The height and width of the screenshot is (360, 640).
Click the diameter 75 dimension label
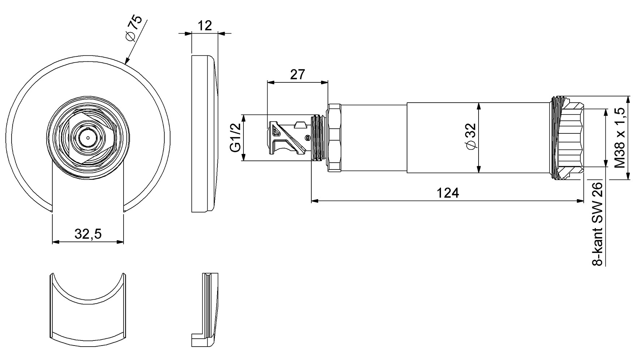coord(133,30)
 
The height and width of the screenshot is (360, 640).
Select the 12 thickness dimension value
coord(205,26)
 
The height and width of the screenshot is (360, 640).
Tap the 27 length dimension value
coord(297,74)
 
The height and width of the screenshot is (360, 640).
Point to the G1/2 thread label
coord(236,138)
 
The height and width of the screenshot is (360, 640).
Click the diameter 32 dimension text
coord(471,136)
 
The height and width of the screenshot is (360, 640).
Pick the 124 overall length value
coord(448,193)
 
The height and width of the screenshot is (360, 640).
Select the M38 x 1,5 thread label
coord(620,138)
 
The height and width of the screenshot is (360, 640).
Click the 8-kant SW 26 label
coord(598,224)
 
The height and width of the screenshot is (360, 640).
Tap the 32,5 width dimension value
coord(88,234)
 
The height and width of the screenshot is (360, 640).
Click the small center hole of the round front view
coord(88,138)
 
